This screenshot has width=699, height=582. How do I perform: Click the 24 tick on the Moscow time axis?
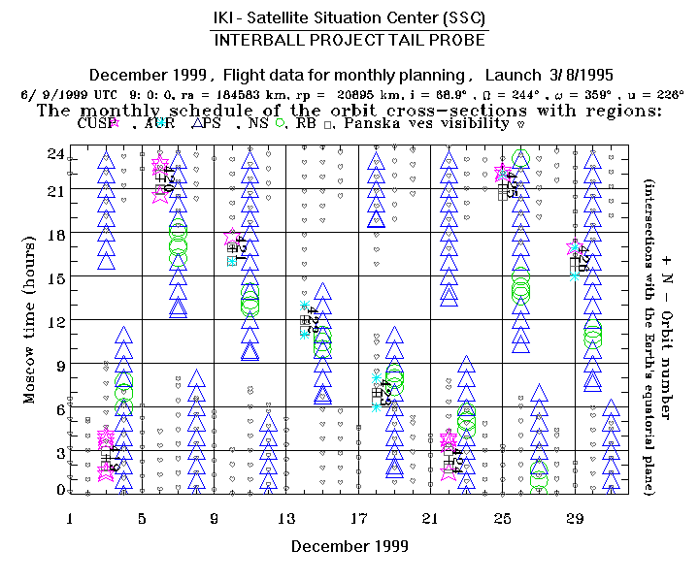tap(56, 153)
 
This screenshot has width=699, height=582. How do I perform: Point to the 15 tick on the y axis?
tap(56, 277)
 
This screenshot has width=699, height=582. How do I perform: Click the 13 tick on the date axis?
tap(286, 519)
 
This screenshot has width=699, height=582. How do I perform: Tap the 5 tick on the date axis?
tap(143, 519)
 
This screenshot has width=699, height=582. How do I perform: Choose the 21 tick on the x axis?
tap(431, 519)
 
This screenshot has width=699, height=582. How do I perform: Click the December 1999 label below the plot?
tap(345, 546)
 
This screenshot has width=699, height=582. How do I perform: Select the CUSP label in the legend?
tap(94, 123)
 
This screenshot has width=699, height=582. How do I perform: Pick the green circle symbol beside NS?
tap(280, 123)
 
